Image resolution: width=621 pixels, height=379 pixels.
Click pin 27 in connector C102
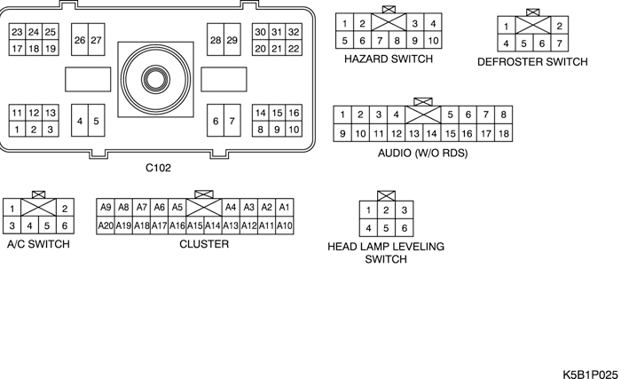click(x=96, y=40)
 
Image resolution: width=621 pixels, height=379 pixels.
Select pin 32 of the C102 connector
click(x=294, y=32)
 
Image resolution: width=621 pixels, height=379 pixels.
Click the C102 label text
click(x=158, y=167)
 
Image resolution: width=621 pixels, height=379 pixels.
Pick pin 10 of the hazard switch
click(x=433, y=40)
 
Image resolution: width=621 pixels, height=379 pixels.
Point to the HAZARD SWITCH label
click(x=389, y=59)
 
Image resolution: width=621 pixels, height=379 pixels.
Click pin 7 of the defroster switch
click(x=560, y=43)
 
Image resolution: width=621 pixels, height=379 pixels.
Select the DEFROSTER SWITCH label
click(x=532, y=62)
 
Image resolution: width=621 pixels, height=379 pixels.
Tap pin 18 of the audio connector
click(x=503, y=133)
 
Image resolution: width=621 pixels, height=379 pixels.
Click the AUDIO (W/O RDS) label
click(x=422, y=153)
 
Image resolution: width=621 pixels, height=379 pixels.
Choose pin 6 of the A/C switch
click(x=64, y=225)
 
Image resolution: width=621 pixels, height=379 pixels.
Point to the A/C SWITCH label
click(x=38, y=244)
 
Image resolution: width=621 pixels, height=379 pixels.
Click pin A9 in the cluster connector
click(x=106, y=207)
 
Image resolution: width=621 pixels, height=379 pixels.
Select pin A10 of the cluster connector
click(x=285, y=225)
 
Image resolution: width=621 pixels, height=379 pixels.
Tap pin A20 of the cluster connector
click(x=106, y=225)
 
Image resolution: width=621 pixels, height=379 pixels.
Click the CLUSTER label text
click(x=204, y=244)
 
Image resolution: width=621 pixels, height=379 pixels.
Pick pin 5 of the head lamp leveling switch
click(x=386, y=227)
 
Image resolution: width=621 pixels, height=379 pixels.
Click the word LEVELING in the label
click(x=421, y=247)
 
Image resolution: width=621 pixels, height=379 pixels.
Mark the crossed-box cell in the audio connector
click(x=422, y=114)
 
